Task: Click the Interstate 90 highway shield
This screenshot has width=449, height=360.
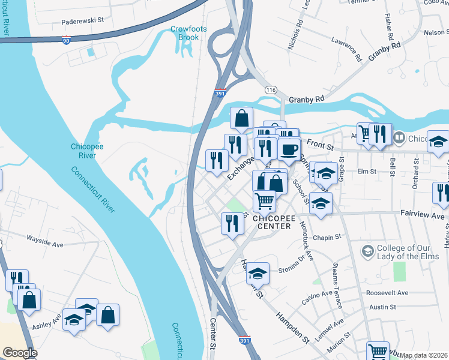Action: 65,40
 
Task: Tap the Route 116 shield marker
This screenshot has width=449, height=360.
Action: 271,89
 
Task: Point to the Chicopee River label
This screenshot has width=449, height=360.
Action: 88,150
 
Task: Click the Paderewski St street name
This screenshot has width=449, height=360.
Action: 83,20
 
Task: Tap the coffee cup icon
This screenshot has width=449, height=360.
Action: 289,148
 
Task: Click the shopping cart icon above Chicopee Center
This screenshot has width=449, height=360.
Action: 264,201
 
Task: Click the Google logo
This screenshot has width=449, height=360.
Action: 20,353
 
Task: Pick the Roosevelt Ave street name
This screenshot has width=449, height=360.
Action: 388,293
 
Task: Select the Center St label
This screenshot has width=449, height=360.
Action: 212,339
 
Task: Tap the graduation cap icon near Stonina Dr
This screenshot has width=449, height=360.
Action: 258,274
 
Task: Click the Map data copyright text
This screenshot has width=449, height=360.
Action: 423,355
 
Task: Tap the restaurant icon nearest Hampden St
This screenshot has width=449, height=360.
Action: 232,223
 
